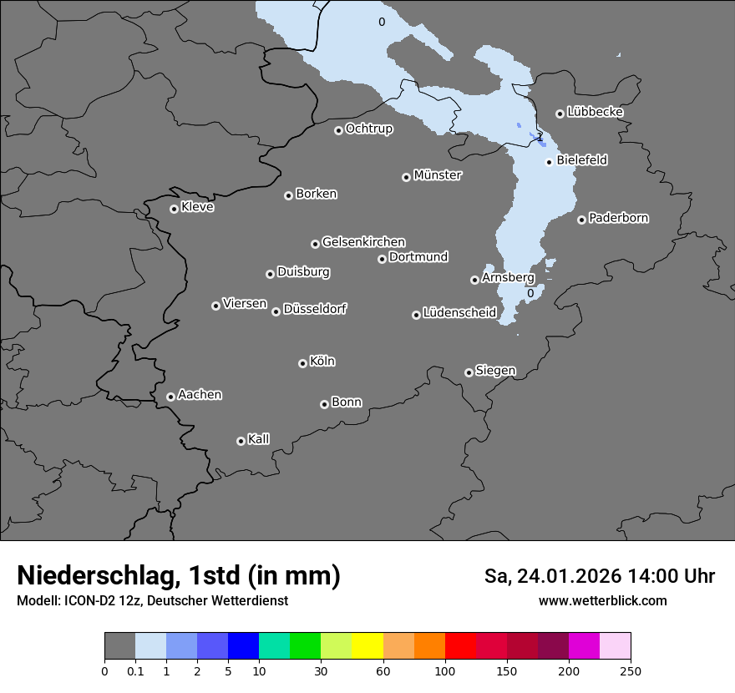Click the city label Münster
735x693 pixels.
[x=437, y=175]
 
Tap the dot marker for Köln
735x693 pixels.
[x=302, y=363]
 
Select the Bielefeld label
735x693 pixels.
[x=581, y=159]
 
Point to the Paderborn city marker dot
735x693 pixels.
[x=581, y=220]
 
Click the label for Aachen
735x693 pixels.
[x=200, y=394]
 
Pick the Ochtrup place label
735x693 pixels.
[x=368, y=129]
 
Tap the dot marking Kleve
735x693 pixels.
[x=174, y=209]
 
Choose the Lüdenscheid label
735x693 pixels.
[x=459, y=313]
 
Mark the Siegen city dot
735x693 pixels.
[x=469, y=372]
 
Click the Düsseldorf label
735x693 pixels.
[x=315, y=309]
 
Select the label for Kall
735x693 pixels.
[x=258, y=439]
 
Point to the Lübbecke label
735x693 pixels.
[x=595, y=112]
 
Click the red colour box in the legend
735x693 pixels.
[x=460, y=646]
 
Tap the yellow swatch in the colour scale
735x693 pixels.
[x=367, y=646]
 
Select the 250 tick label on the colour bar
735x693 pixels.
[x=631, y=670]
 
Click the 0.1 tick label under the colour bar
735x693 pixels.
[x=135, y=670]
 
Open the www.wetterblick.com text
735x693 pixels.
[x=602, y=600]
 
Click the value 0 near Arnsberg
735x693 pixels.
[x=530, y=293]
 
